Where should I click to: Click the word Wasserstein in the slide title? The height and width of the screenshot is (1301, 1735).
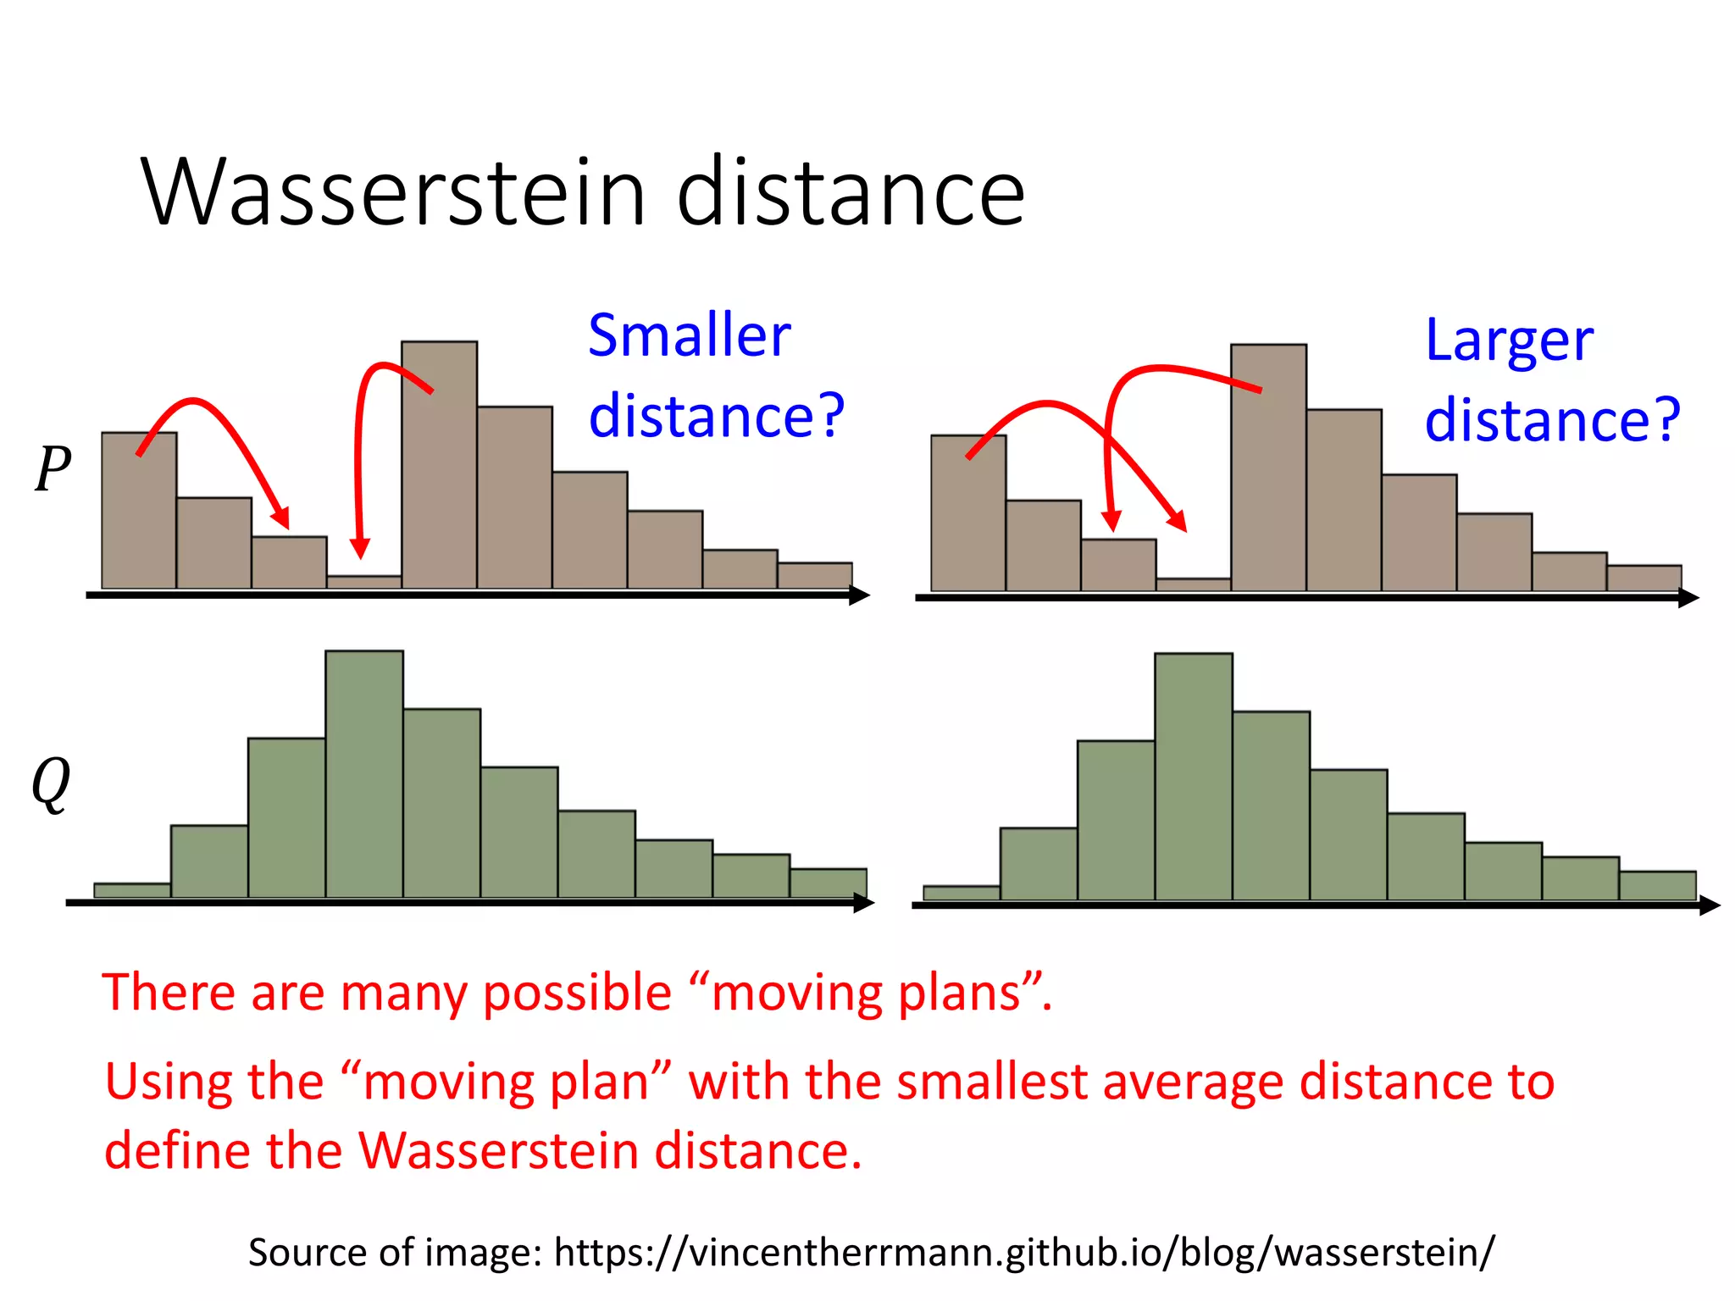[394, 193]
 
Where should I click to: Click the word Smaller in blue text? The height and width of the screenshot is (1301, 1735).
[689, 336]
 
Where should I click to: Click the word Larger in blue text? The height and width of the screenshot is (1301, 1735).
[1509, 340]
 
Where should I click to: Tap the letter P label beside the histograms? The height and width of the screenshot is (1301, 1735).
[53, 468]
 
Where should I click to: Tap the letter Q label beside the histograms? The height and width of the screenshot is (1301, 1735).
[51, 783]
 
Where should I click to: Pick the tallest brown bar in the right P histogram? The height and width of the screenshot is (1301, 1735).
[1268, 468]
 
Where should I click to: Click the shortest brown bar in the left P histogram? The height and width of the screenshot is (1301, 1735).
[364, 582]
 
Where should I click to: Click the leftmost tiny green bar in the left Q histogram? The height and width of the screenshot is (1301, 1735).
[132, 890]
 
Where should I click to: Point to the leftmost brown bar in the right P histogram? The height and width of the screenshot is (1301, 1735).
[968, 512]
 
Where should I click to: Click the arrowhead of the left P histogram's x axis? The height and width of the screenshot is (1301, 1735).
[860, 595]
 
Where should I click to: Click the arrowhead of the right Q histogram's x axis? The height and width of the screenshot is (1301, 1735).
[1710, 905]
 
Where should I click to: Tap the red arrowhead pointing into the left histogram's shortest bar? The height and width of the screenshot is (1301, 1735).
[360, 549]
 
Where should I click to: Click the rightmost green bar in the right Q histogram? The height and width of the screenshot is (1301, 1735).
[1657, 885]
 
